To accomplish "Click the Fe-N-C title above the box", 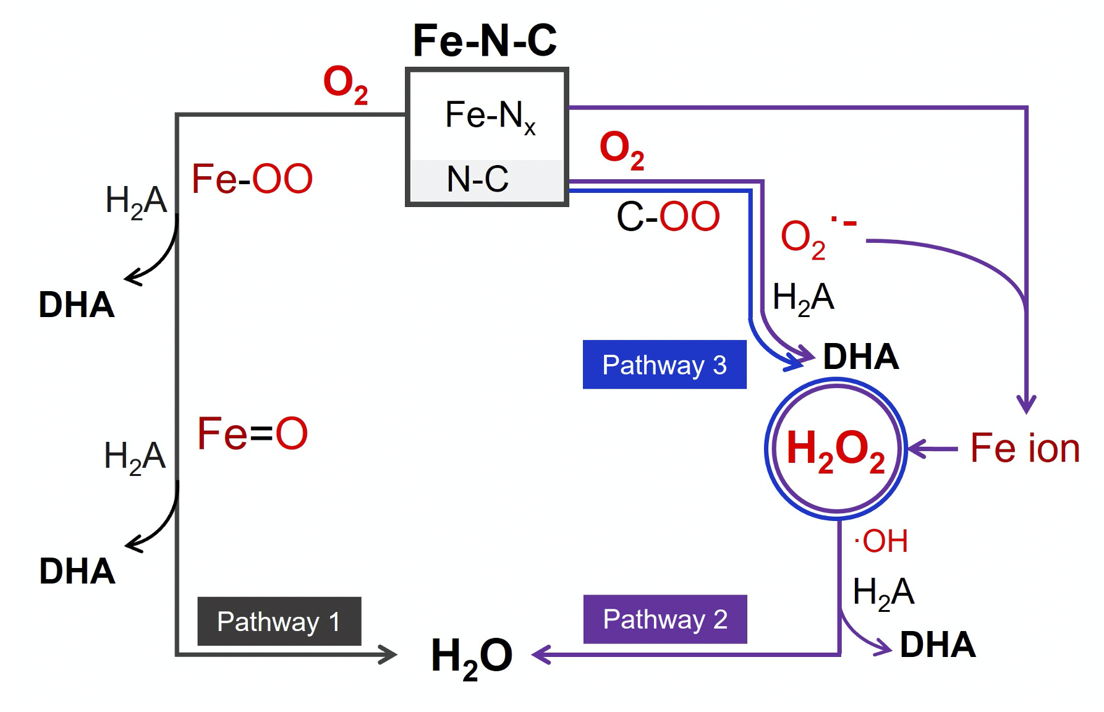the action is pyautogui.click(x=485, y=41).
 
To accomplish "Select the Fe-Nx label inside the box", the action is pyautogui.click(x=490, y=116).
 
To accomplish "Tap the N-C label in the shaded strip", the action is pyautogui.click(x=477, y=179).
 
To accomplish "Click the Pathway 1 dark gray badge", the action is pyautogui.click(x=279, y=621).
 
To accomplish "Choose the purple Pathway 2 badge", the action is pyautogui.click(x=665, y=619).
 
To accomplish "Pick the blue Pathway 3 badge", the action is pyautogui.click(x=665, y=365).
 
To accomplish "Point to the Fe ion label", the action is pyautogui.click(x=1025, y=448).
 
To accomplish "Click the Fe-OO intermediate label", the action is pyautogui.click(x=252, y=179).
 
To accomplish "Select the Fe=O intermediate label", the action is pyautogui.click(x=252, y=433).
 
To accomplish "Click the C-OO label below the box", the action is pyautogui.click(x=668, y=217).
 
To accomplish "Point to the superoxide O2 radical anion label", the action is pyautogui.click(x=818, y=238).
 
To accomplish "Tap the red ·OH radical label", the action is pyautogui.click(x=881, y=541).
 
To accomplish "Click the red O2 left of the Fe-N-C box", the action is pyautogui.click(x=346, y=85).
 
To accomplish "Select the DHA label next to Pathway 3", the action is pyautogui.click(x=861, y=357).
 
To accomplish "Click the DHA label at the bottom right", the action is pyautogui.click(x=938, y=645).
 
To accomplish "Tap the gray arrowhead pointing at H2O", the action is pyautogui.click(x=387, y=655).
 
